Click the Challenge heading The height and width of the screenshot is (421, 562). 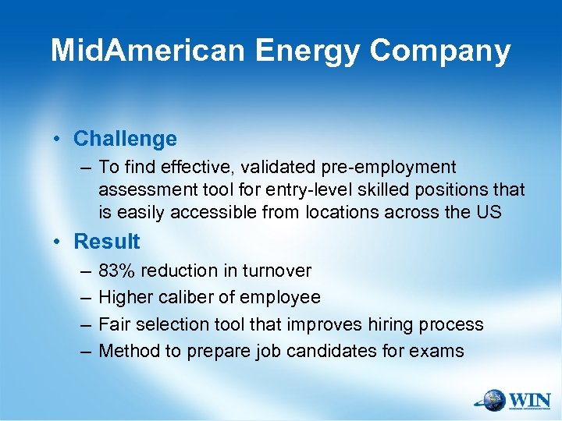tap(125, 139)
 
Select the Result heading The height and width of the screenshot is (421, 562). tap(107, 242)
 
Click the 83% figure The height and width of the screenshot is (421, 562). tap(115, 271)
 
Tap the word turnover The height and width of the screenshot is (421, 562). tap(277, 271)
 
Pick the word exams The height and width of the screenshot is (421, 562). tap(440, 351)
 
